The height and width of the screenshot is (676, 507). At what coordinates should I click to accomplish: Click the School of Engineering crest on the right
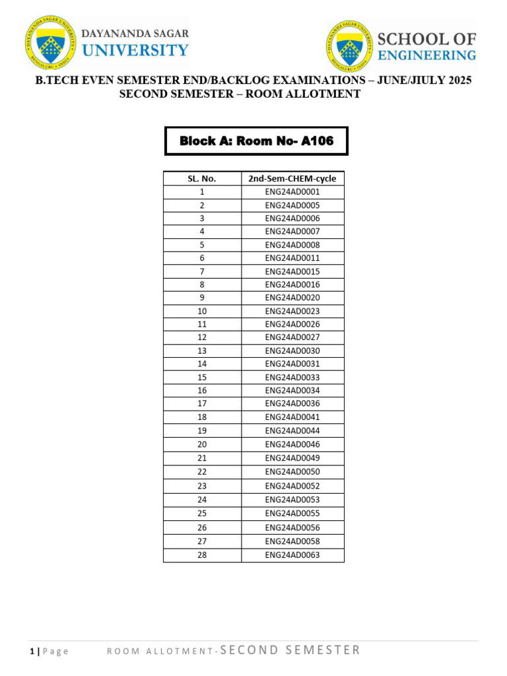pos(350,46)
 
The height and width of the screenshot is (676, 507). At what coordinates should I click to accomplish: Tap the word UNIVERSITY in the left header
pos(135,50)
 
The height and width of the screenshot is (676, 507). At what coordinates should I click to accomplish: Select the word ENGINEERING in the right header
pos(426,55)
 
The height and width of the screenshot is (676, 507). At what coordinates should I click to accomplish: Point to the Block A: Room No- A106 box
pos(256,141)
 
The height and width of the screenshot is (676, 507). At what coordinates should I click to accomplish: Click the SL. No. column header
pos(202,178)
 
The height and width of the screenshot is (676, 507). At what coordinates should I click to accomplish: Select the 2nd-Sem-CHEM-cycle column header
pos(292,178)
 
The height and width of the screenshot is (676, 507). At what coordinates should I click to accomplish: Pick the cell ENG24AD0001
pos(292,191)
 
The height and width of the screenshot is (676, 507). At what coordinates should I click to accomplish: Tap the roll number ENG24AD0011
pos(292,258)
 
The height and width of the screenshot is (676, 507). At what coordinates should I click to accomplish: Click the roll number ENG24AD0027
pos(292,337)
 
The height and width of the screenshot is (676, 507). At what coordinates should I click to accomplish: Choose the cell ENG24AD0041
pos(292,417)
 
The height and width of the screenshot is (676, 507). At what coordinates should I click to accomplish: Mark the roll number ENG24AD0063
pos(292,555)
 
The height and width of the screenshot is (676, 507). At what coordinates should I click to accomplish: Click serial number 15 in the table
pos(202,377)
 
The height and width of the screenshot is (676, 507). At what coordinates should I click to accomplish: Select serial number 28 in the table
pos(202,555)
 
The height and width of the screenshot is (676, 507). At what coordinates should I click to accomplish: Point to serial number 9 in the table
pos(202,298)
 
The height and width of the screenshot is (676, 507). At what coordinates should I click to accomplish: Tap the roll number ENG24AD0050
pos(292,471)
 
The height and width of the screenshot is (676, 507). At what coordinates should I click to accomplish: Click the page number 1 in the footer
pos(32,652)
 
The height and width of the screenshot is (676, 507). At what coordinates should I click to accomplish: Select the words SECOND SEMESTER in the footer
pos(290,650)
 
